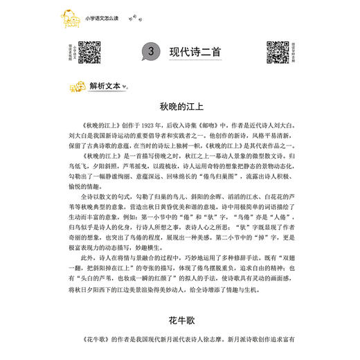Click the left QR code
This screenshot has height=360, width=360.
click(88, 51)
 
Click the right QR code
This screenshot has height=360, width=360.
click(278, 51)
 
